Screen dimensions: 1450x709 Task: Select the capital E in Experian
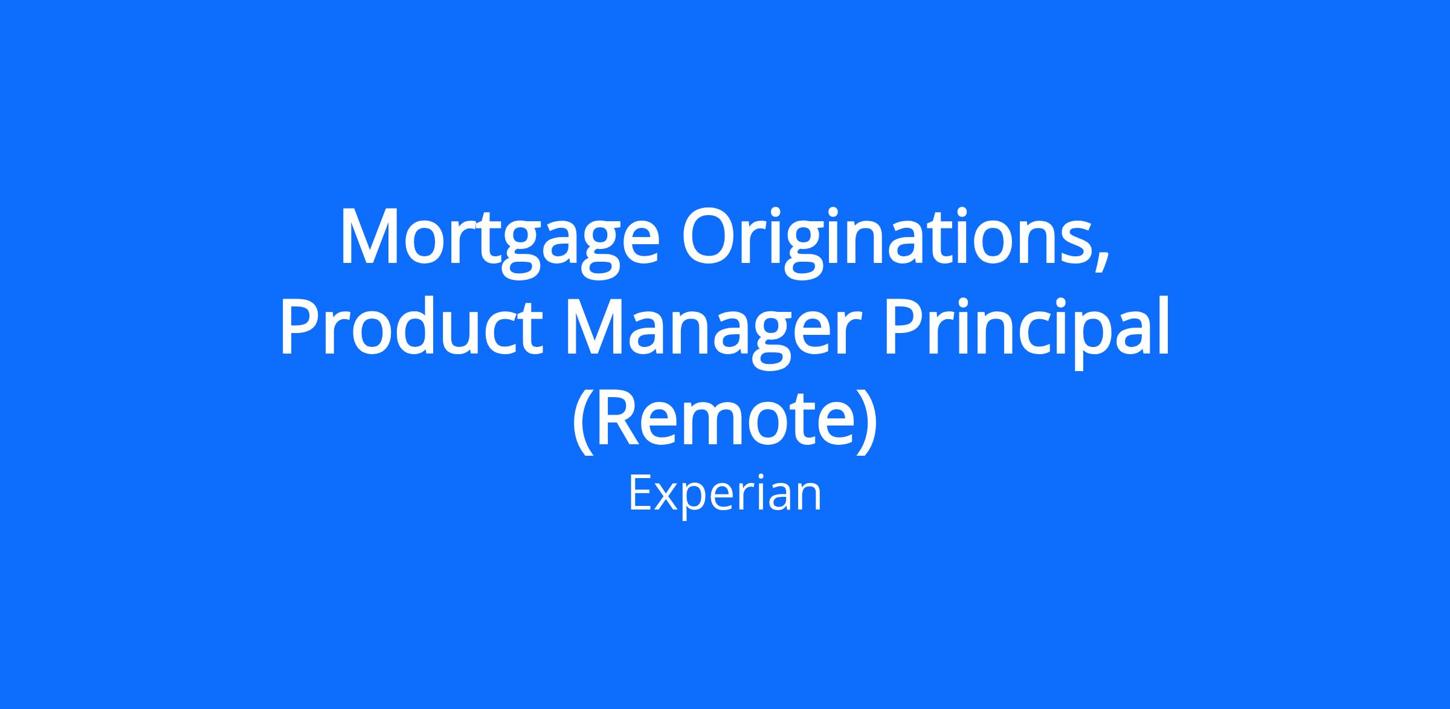640,493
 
